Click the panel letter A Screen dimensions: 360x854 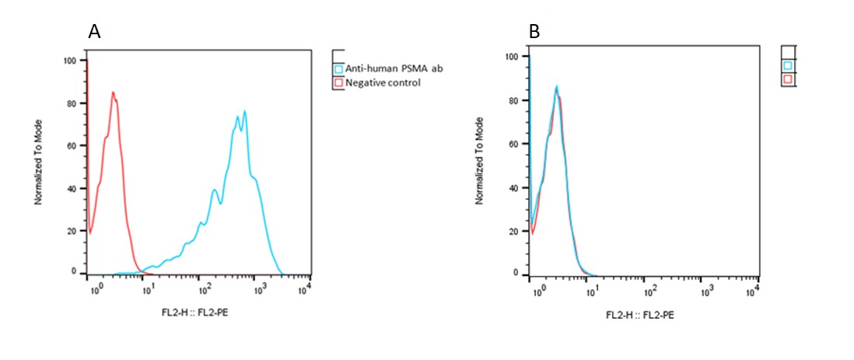(x=95, y=31)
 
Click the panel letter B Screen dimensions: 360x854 (x=534, y=31)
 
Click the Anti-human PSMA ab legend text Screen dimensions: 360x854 (x=394, y=68)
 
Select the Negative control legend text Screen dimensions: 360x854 (x=383, y=82)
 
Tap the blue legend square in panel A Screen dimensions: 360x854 (x=338, y=69)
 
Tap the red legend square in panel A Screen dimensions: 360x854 (x=338, y=82)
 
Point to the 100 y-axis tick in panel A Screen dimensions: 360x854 (x=71, y=60)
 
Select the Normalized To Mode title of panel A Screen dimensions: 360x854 (x=38, y=166)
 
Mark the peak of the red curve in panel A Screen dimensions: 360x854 (x=113, y=92)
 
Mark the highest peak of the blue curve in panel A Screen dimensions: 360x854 (x=244, y=111)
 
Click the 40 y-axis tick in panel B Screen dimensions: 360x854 (x=513, y=187)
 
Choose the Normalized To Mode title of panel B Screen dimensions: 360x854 (x=479, y=161)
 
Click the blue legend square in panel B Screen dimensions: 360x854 (x=788, y=66)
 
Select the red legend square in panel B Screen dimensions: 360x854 (x=788, y=79)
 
